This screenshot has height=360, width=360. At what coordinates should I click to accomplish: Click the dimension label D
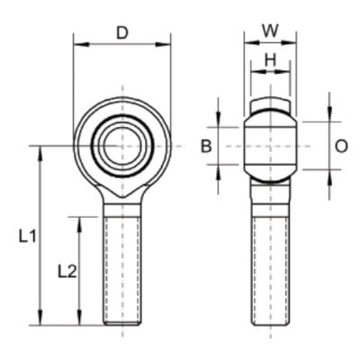(122, 33)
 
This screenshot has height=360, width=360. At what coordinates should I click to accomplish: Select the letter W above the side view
(268, 29)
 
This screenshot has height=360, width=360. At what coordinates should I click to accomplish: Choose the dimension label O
(341, 146)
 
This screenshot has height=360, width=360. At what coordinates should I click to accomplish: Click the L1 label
(27, 237)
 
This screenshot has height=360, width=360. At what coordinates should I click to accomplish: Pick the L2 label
(66, 270)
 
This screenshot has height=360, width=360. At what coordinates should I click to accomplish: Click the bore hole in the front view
(121, 144)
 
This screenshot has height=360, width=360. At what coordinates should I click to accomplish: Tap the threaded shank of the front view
(121, 270)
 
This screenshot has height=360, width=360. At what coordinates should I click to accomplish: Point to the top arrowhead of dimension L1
(41, 149)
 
